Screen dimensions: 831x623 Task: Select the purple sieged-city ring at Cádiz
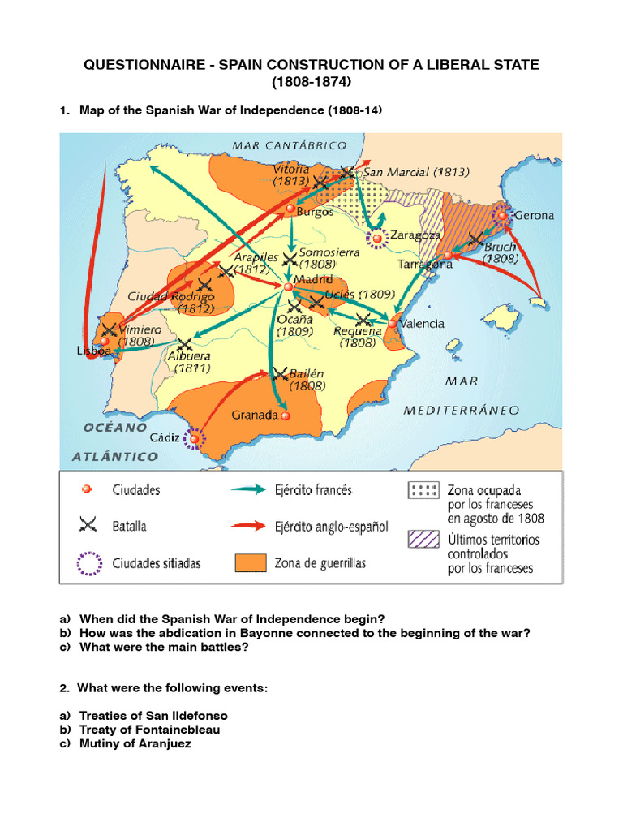(194, 439)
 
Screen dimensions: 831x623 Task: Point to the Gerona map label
(534, 216)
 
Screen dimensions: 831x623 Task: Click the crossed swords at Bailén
(281, 374)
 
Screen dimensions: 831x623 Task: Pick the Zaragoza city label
(416, 235)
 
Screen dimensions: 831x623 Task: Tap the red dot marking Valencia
(393, 324)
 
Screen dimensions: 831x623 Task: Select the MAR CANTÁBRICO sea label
(290, 145)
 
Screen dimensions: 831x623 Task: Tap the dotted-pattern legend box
(423, 489)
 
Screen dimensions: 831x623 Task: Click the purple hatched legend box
(423, 539)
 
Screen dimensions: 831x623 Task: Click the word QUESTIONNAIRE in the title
(143, 64)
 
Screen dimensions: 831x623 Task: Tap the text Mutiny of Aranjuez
(135, 743)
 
